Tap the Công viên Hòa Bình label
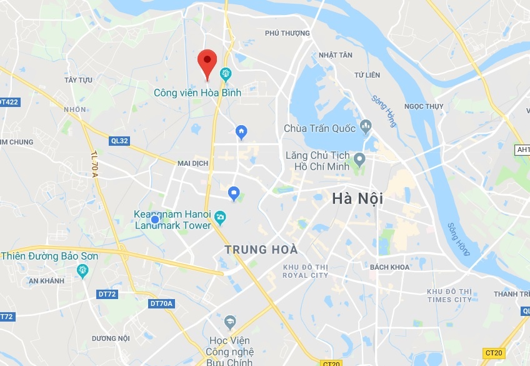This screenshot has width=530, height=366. (x=197, y=93)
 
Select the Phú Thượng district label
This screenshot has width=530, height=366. (x=287, y=33)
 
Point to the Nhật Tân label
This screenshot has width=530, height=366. (x=336, y=55)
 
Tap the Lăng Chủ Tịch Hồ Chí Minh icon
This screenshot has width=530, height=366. (x=359, y=158)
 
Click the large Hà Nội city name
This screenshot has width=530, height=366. (x=357, y=199)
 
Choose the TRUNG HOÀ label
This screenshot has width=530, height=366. (x=261, y=250)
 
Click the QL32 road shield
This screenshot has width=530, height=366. (x=119, y=141)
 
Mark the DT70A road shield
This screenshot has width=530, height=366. (x=161, y=303)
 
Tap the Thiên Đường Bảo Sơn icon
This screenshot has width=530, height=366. (x=82, y=270)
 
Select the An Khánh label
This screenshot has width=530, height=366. (x=46, y=281)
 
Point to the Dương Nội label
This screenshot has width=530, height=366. (x=111, y=338)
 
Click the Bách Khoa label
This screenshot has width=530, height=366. (x=389, y=267)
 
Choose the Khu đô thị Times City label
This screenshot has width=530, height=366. (x=449, y=295)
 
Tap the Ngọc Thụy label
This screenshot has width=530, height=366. (x=424, y=106)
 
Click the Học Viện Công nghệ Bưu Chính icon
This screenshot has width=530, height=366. (x=230, y=322)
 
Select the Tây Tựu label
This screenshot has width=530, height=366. (x=78, y=80)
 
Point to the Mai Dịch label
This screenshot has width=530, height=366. (x=192, y=163)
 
